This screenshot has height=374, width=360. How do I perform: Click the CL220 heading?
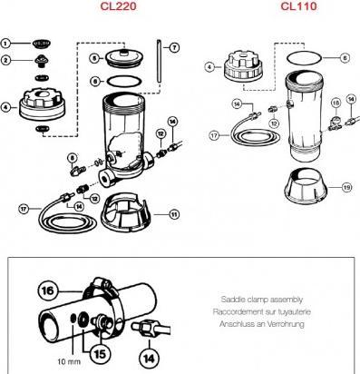pyautogui.click(x=118, y=6)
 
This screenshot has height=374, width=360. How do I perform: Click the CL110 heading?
pyautogui.click(x=298, y=6)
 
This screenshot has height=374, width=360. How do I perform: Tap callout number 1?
pyautogui.click(x=5, y=44)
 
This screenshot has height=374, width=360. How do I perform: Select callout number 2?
pyautogui.click(x=5, y=60)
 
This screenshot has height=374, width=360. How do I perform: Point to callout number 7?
pyautogui.click(x=174, y=47)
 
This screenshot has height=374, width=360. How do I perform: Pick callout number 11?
pyautogui.click(x=174, y=214)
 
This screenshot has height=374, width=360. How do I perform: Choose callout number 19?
pyautogui.click(x=346, y=188)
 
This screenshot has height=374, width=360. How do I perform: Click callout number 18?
pyautogui.click(x=336, y=103)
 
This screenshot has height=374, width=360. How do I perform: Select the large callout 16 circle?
pyautogui.click(x=48, y=290)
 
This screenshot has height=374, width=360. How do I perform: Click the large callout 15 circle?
pyautogui.click(x=100, y=353)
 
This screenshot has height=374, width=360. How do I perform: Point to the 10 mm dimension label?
pyautogui.click(x=69, y=361)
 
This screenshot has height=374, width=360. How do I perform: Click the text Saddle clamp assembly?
pyautogui.click(x=261, y=300)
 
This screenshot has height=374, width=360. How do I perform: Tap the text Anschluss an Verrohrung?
pyautogui.click(x=262, y=324)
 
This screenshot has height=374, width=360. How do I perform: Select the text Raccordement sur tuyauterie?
pyautogui.click(x=262, y=311)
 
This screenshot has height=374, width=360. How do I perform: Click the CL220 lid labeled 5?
pyautogui.click(x=123, y=57)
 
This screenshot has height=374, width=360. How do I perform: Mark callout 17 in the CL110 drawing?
pyautogui.click(x=214, y=135)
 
